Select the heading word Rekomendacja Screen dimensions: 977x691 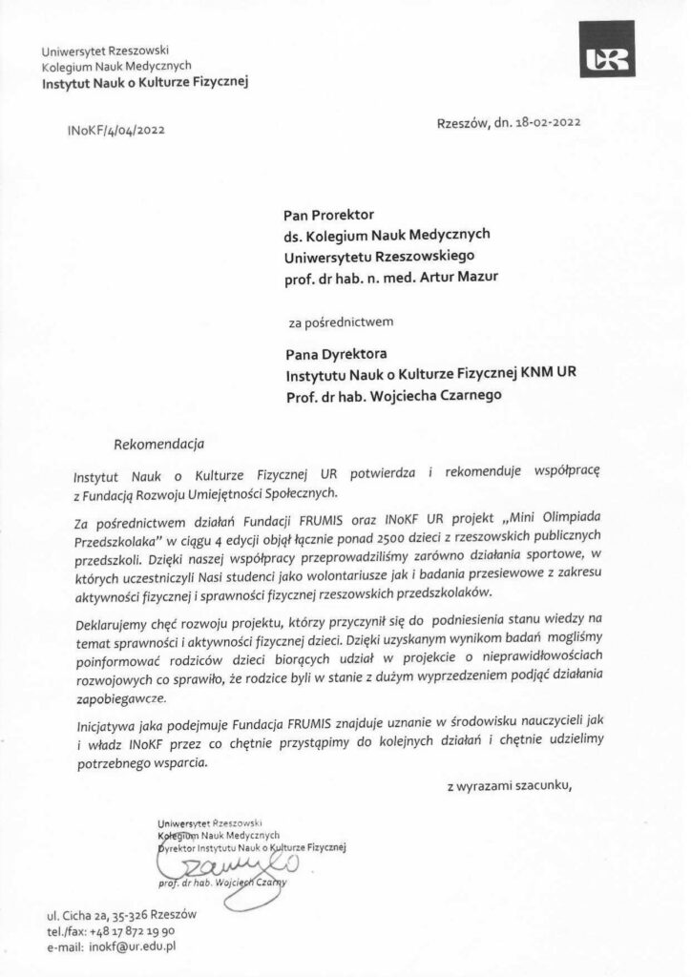tap(158, 444)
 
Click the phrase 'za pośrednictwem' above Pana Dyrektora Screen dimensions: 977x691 tap(347, 321)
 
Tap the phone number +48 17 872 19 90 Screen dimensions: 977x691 tap(133, 931)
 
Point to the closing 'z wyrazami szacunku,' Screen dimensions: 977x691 tap(510, 786)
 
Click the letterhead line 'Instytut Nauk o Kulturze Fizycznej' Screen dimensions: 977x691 tap(144, 83)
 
